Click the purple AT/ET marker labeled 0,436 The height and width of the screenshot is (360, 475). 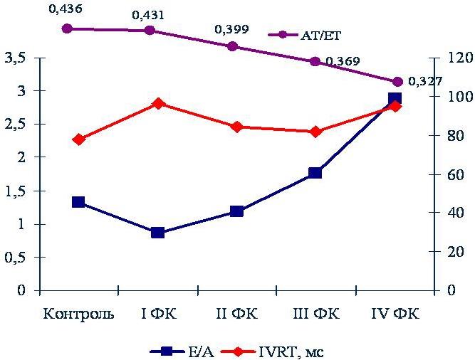pos(67,28)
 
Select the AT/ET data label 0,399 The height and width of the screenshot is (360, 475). pos(231,29)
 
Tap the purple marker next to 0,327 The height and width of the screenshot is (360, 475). pos(397,82)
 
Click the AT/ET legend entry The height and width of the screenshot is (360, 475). pos(305,35)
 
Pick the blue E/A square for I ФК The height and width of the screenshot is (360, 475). pos(158,233)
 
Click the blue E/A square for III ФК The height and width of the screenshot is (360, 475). pos(315,173)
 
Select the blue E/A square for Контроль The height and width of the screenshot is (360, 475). pos(78,202)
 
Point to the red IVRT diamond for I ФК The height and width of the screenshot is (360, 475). pos(158,104)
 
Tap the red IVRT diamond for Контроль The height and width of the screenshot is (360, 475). pos(79,139)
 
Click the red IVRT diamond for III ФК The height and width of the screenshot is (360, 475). pos(315,132)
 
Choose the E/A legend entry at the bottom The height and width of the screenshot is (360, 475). pos(182,352)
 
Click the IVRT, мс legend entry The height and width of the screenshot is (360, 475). pos(272,352)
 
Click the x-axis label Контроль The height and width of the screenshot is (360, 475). pos(79,314)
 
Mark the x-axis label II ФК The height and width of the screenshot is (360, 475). pos(237,314)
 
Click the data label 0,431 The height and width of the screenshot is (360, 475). pos(148,15)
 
